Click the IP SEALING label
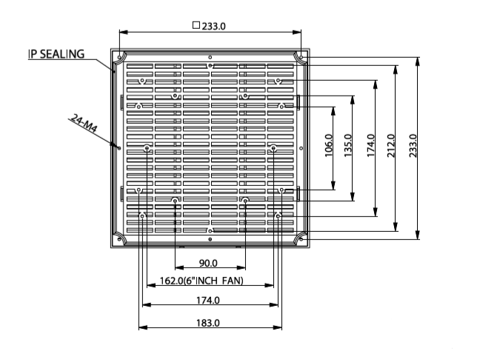[x=56, y=54]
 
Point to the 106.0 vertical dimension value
[x=329, y=147]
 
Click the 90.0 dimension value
[x=209, y=264]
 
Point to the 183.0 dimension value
[x=208, y=322]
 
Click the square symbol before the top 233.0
[x=196, y=24]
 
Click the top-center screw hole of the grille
[x=210, y=66]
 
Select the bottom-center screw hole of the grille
[x=210, y=230]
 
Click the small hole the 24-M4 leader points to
[x=119, y=147]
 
